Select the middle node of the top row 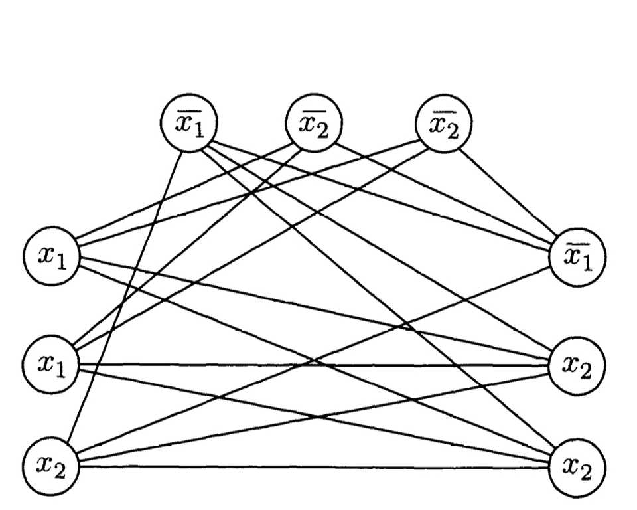pos(314,124)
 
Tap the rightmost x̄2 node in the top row pos(443,124)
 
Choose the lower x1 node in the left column pos(51,364)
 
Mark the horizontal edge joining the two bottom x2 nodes pos(312,467)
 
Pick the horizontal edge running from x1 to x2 pos(312,365)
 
